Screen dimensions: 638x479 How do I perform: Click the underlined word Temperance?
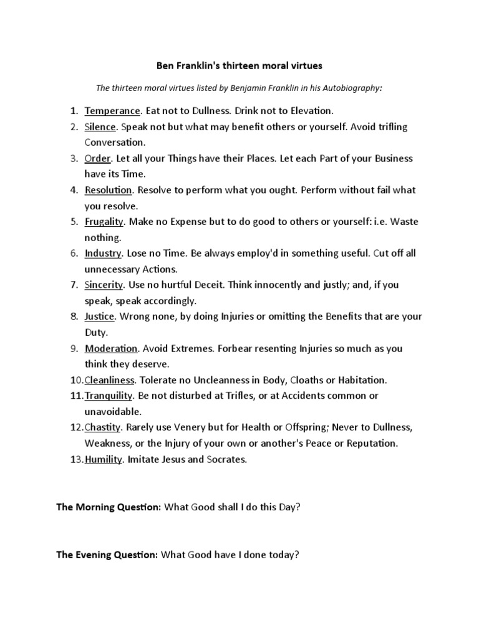coord(112,111)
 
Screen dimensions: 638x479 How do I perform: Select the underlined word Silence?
coord(100,126)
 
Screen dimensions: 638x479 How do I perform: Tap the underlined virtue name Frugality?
coord(105,221)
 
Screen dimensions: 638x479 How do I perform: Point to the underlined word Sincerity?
coord(104,285)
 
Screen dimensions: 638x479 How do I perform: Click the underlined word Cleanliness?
coord(111,379)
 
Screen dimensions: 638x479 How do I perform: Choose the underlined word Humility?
coord(103,460)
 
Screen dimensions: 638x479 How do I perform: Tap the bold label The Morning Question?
coord(109,507)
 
